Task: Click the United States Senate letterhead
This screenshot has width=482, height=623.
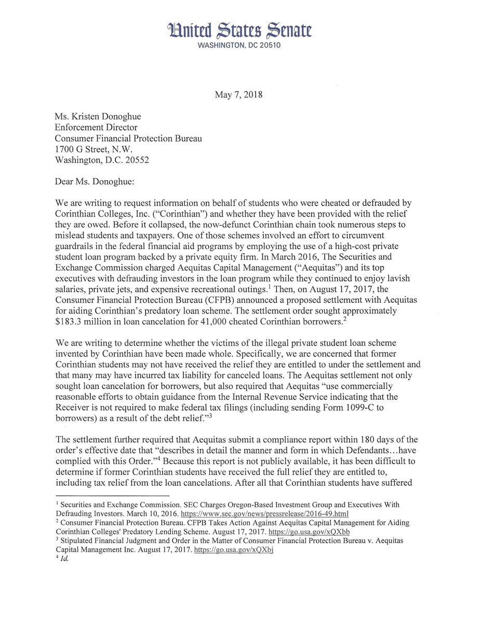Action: (241, 30)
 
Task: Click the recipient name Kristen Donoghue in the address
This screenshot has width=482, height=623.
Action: (111, 117)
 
